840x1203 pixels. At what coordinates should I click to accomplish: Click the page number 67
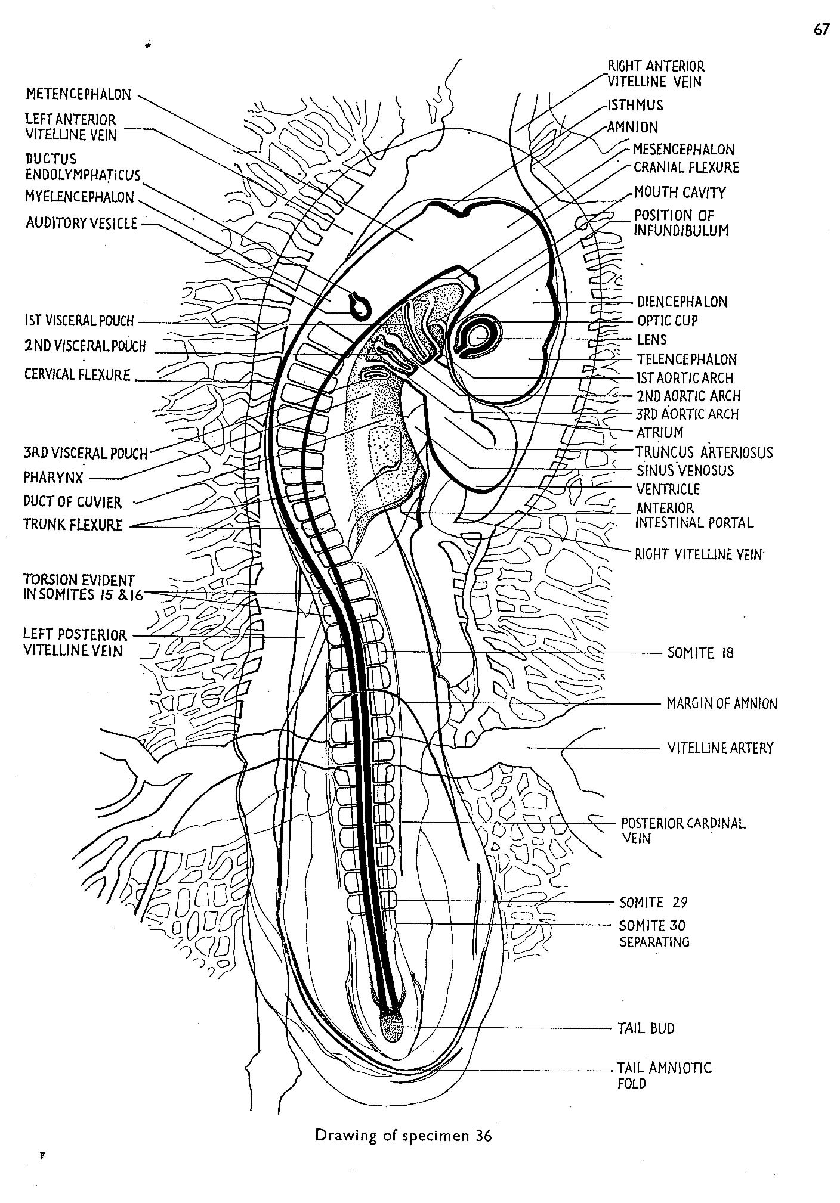click(x=821, y=30)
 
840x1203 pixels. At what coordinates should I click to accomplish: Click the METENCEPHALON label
click(x=78, y=94)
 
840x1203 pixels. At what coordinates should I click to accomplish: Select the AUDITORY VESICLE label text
click(x=81, y=224)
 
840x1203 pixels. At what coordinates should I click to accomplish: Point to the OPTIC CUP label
click(x=668, y=321)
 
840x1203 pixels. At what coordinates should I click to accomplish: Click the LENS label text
click(x=651, y=340)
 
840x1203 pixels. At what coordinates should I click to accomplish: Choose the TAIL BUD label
click(x=646, y=1028)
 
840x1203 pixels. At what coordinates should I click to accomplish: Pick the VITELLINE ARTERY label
click(x=720, y=748)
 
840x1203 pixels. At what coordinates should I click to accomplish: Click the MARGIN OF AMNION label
click(x=722, y=704)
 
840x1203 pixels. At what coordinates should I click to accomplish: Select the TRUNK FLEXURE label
click(x=73, y=525)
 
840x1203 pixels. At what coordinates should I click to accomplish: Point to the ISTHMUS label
click(x=635, y=106)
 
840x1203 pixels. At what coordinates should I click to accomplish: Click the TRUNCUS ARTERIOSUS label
click(x=704, y=452)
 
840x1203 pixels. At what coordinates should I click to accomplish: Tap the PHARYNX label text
click(x=53, y=478)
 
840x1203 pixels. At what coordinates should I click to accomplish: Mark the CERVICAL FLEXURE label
click(x=77, y=375)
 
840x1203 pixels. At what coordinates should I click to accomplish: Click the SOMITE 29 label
click(x=653, y=902)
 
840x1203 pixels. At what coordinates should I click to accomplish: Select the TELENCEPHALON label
click(x=687, y=359)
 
